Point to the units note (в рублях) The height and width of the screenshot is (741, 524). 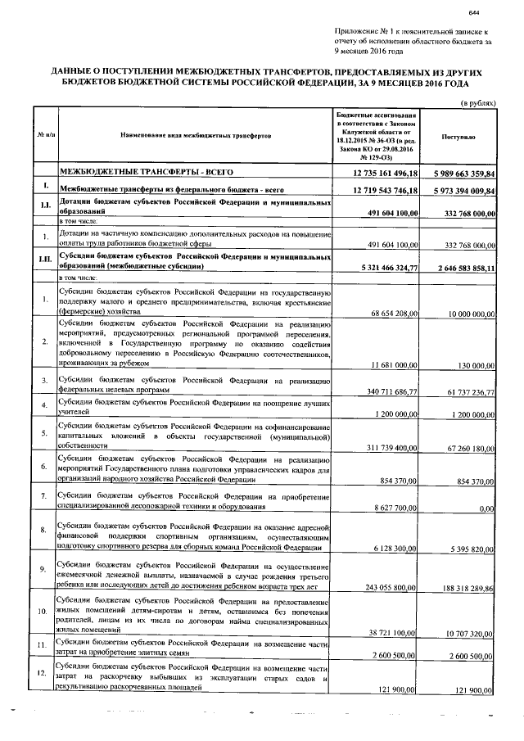click(x=477, y=104)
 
